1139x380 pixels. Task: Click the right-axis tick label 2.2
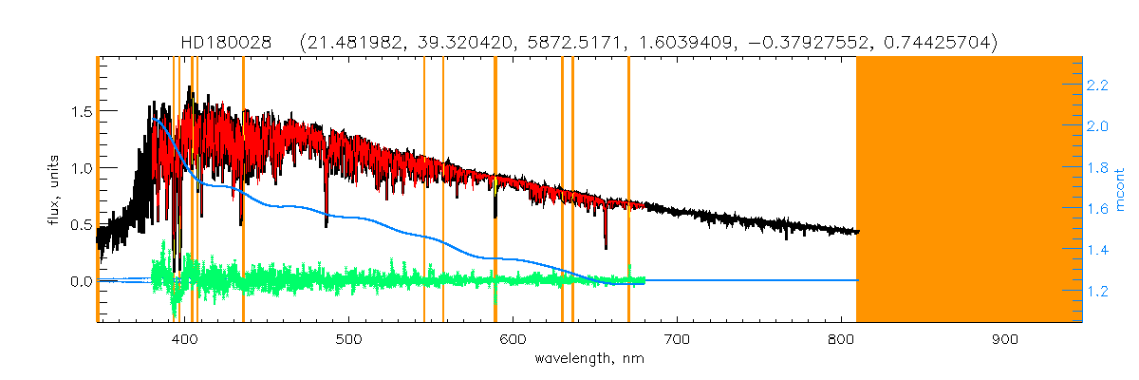click(x=1098, y=85)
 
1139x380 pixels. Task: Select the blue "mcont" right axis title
click(x=1121, y=190)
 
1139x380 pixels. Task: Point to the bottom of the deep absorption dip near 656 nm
click(x=606, y=247)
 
